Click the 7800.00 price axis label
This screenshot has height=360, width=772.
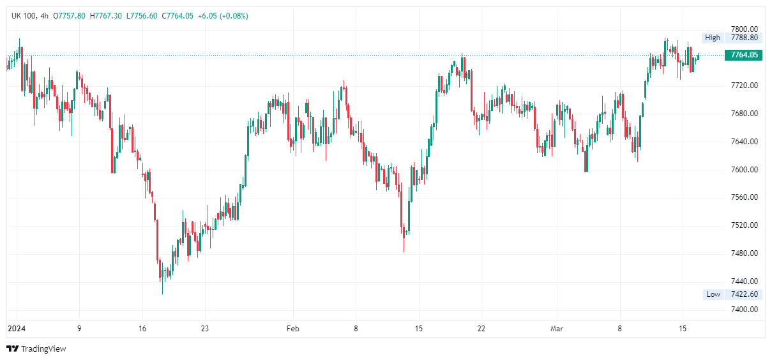click(x=744, y=29)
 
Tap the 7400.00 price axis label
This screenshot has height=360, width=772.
click(x=744, y=310)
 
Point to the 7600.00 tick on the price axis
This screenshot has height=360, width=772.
click(x=744, y=170)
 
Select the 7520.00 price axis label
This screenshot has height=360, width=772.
click(x=744, y=225)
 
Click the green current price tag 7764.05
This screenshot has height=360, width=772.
click(x=744, y=55)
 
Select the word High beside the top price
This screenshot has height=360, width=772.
click(x=713, y=38)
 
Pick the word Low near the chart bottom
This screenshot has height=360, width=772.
click(x=713, y=294)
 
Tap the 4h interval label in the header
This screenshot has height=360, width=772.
click(x=44, y=15)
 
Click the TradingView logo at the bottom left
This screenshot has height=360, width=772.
click(x=36, y=349)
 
